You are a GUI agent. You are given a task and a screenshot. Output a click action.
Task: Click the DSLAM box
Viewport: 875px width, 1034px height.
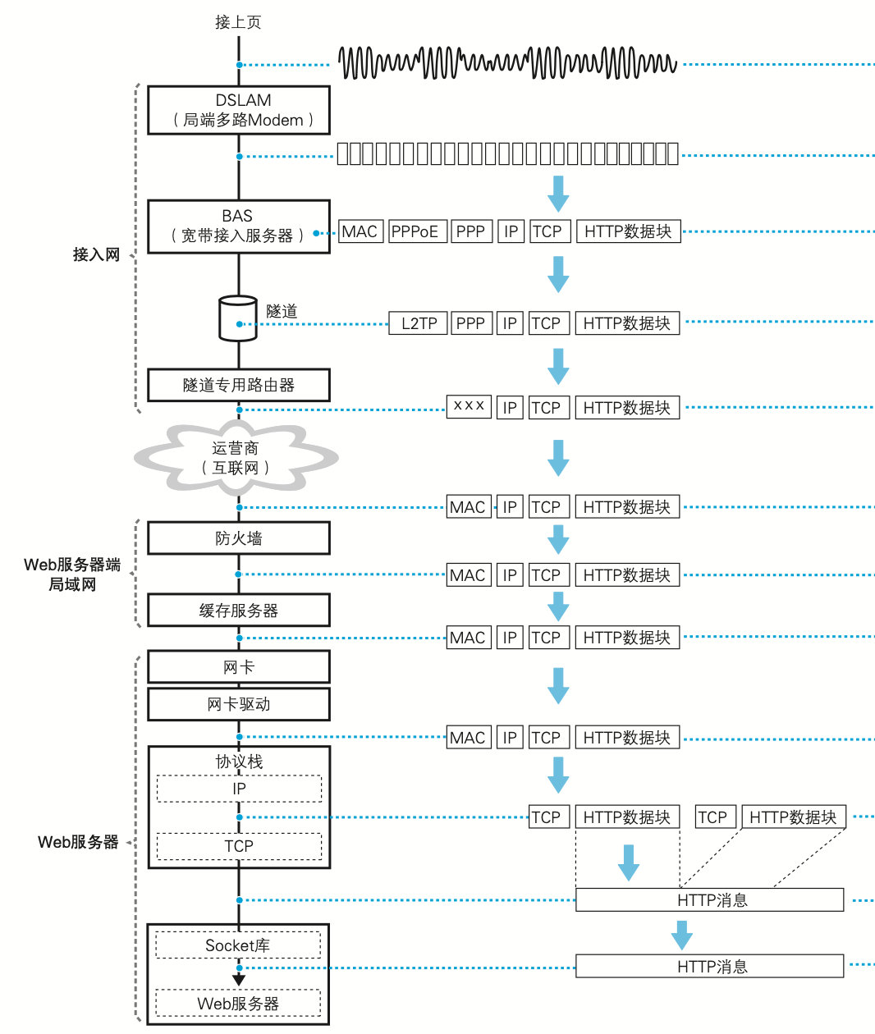[x=239, y=110]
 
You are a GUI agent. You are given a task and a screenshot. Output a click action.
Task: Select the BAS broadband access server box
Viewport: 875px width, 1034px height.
[x=239, y=226]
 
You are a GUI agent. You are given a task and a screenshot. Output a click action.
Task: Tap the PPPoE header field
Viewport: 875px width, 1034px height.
[x=415, y=232]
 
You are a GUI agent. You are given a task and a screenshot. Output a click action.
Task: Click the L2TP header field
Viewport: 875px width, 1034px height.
[x=419, y=323]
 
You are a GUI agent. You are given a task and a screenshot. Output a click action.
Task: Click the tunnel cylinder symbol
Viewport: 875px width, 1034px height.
[x=238, y=318]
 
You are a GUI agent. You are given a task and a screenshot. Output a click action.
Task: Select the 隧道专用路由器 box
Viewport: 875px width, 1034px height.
[x=239, y=385]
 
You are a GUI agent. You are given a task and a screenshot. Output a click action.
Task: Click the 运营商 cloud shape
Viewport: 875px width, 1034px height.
[x=236, y=458]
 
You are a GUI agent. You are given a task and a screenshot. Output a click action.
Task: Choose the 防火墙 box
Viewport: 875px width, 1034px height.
[x=239, y=538]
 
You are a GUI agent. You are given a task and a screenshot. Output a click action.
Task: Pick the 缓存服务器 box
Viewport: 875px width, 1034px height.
[x=239, y=611]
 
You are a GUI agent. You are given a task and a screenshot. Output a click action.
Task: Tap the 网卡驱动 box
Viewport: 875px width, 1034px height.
[x=239, y=704]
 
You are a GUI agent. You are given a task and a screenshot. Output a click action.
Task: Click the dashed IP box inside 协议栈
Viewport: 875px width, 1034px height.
[x=239, y=789]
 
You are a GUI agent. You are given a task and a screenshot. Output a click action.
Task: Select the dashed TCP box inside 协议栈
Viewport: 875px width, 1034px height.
[x=239, y=846]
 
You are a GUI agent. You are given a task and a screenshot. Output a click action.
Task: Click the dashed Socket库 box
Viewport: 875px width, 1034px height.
[x=238, y=945]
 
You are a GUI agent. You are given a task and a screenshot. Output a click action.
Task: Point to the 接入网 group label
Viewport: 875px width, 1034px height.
[x=96, y=254]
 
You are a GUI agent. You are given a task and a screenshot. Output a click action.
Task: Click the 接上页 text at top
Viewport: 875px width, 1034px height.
[x=238, y=22]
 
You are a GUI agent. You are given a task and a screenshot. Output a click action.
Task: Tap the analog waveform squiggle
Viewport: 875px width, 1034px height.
[x=507, y=63]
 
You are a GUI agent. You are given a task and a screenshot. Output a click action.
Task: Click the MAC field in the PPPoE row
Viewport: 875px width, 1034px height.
[x=360, y=232]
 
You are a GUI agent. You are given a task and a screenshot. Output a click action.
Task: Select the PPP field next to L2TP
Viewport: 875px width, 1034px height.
[x=470, y=323]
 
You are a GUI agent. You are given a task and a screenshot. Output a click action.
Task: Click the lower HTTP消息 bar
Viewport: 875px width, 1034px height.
[x=710, y=967]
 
